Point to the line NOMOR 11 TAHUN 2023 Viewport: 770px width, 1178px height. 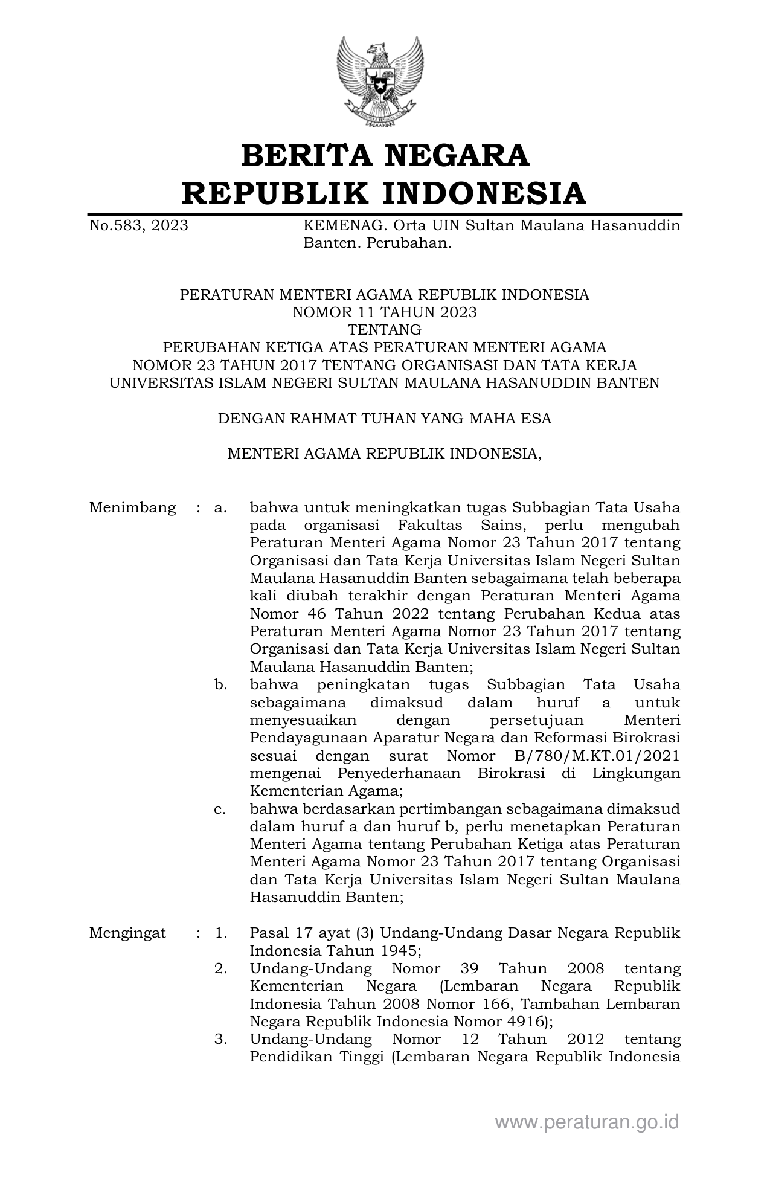click(384, 312)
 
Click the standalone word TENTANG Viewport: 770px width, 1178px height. click(384, 330)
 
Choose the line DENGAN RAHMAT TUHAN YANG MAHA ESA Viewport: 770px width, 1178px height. click(384, 419)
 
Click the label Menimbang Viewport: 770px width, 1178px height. click(132, 507)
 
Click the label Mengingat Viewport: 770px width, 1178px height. click(127, 933)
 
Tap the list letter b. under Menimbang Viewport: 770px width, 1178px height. click(220, 685)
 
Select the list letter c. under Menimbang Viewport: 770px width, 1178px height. click(220, 809)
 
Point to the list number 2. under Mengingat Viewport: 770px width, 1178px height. click(220, 968)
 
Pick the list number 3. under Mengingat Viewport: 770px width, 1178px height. click(220, 1039)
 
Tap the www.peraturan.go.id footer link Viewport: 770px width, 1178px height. click(587, 1122)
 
